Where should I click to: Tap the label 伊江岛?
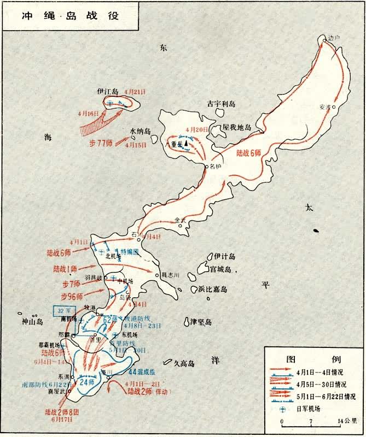pyautogui.click(x=108, y=91)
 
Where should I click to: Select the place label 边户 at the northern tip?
pyautogui.click(x=334, y=38)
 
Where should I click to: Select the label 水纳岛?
pyautogui.click(x=140, y=131)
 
